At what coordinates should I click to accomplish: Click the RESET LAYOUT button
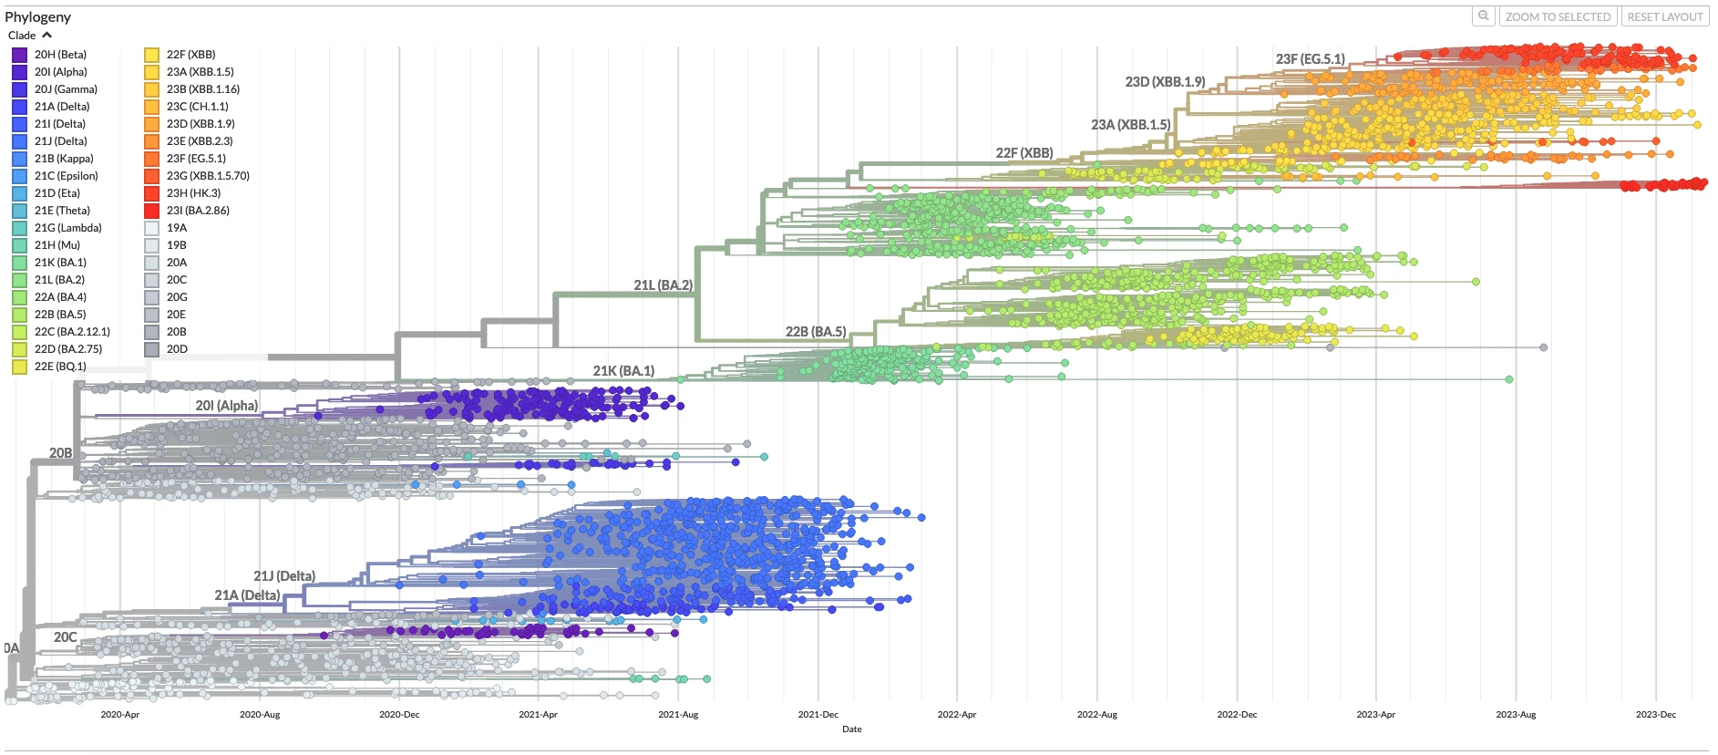tap(1664, 16)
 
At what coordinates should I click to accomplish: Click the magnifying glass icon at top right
tap(1484, 16)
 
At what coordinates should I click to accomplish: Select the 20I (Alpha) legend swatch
tap(20, 72)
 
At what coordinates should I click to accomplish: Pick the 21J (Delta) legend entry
tap(60, 141)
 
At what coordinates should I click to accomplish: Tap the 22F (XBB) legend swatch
tap(152, 55)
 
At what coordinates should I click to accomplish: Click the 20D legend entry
tap(177, 349)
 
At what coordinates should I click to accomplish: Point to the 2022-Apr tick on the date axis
tap(956, 714)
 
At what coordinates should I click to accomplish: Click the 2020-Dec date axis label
tap(399, 714)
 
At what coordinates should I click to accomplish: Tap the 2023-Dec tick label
tap(1655, 714)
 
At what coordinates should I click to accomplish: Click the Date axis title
tap(851, 729)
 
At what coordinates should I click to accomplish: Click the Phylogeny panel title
tap(37, 16)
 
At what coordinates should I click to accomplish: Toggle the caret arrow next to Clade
tap(47, 36)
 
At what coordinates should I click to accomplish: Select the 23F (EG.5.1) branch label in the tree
tap(1310, 59)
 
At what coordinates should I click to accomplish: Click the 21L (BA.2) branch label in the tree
tap(663, 285)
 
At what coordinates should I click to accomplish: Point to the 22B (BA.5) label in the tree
tap(815, 332)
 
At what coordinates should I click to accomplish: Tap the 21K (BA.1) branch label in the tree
tap(623, 371)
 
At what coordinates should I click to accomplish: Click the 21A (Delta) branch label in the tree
tap(247, 595)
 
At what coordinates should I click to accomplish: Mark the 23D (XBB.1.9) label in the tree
tap(1165, 82)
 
